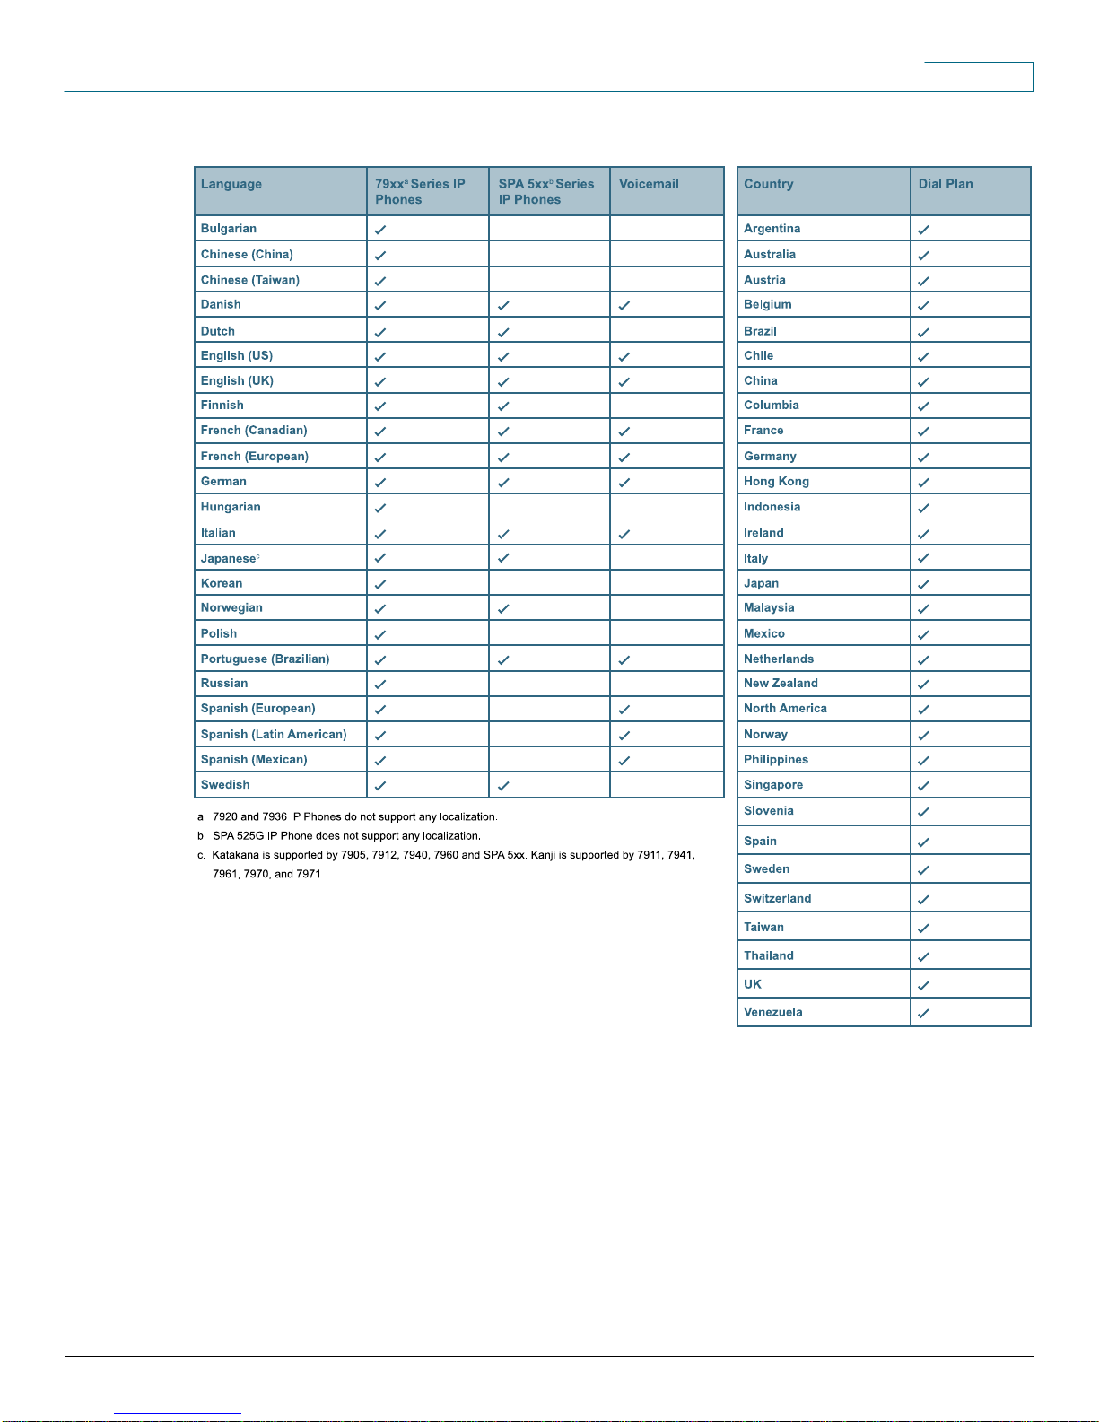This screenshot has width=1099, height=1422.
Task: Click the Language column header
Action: (x=231, y=184)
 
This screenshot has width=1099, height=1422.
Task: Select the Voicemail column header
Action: (x=649, y=184)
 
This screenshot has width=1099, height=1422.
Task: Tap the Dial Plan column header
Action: (x=946, y=184)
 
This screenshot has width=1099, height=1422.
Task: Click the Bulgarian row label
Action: (x=229, y=229)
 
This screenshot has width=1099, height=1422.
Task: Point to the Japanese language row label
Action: (x=229, y=558)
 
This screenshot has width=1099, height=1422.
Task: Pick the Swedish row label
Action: (x=225, y=785)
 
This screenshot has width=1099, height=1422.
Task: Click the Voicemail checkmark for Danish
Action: (x=624, y=305)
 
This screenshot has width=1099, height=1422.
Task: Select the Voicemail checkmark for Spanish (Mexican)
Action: (x=624, y=761)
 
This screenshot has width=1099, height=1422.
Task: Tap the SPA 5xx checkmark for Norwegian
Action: (x=503, y=608)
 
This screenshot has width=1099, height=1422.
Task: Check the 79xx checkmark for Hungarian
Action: (x=380, y=508)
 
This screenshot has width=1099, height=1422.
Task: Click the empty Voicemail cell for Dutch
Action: (x=667, y=331)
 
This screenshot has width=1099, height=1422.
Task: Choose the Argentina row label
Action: (x=772, y=229)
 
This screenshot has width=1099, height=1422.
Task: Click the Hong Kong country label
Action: (x=776, y=482)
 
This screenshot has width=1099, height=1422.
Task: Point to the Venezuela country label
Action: (x=772, y=1012)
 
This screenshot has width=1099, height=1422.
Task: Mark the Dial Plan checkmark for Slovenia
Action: (x=923, y=812)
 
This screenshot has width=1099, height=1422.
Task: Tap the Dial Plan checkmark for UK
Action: (x=923, y=985)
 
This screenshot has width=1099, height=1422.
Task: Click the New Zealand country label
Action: (x=781, y=684)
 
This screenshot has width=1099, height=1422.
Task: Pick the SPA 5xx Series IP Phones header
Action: (x=546, y=191)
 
